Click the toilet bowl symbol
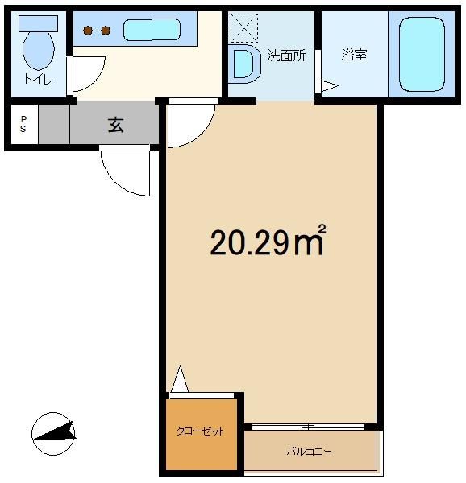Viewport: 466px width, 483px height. coord(39,50)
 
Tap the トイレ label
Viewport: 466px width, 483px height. coord(39,80)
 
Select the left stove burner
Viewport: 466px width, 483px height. coord(88,31)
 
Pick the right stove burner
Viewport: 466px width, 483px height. coord(106,31)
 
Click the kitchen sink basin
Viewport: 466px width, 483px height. coord(152,30)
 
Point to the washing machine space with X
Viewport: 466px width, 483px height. coord(244,28)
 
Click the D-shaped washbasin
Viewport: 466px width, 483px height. coord(245,64)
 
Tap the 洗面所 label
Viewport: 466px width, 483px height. coord(286,56)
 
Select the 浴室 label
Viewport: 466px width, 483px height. coord(354,55)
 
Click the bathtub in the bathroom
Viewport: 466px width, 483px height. coord(422,54)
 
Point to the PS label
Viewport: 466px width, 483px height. coord(23,124)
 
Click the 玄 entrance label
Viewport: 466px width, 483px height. coord(116,125)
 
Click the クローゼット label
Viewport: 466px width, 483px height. coord(201,431)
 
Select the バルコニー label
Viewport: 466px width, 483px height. coord(310,452)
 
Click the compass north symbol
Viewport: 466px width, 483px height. coord(54,434)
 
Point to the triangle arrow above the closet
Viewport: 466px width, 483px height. coord(180,379)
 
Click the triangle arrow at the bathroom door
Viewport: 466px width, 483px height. coord(330,86)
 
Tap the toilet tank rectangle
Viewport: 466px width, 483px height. coord(38,23)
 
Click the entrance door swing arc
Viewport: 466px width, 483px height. coord(115,182)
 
